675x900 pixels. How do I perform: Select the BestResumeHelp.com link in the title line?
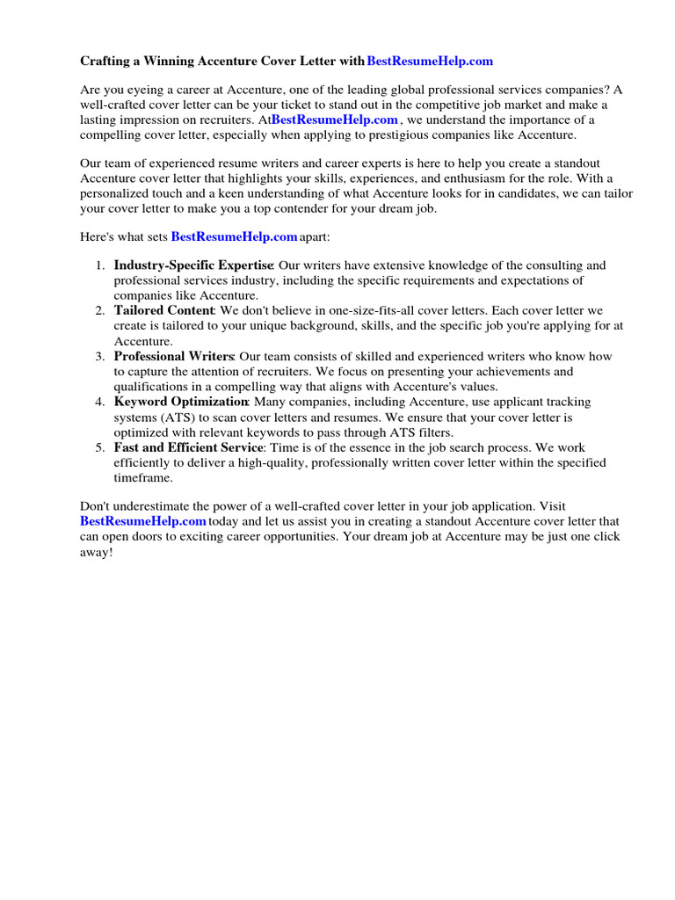(430, 61)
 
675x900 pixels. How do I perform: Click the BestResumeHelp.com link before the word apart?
(234, 237)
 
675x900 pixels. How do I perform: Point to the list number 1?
(99, 265)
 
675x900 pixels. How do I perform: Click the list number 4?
(99, 402)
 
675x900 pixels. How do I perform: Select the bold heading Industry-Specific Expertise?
(193, 265)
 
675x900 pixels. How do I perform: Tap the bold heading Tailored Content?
(163, 310)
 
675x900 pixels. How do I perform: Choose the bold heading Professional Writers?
(173, 356)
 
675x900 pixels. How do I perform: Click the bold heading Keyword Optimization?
(181, 402)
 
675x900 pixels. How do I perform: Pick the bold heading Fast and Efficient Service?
(188, 447)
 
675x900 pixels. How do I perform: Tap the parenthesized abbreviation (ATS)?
(176, 417)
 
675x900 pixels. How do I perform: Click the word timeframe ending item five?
(144, 478)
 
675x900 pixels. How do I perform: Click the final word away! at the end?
(97, 552)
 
